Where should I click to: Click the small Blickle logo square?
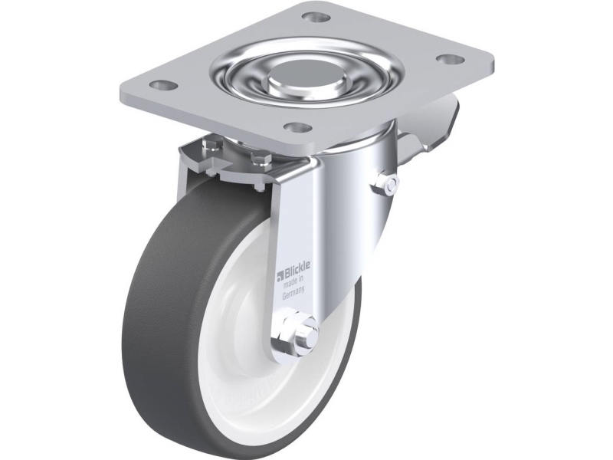(279, 278)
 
